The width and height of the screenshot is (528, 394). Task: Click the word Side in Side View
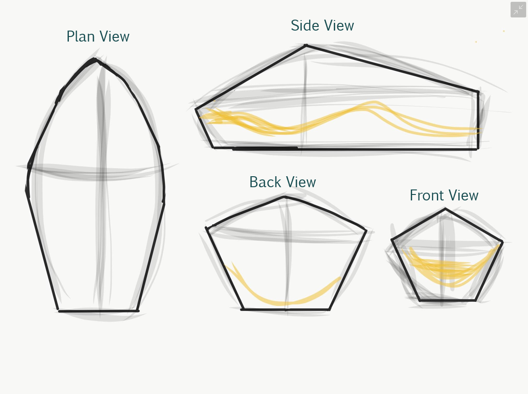[303, 26]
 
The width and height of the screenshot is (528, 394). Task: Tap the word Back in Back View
[264, 182]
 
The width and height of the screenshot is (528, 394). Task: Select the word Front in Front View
[426, 195]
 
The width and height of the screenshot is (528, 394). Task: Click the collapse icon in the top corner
[518, 10]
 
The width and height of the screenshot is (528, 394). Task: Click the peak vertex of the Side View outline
[305, 45]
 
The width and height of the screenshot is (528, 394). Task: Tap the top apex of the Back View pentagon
[285, 197]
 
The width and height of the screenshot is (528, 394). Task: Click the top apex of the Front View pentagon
[445, 209]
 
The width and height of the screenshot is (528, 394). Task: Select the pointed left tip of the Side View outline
[196, 109]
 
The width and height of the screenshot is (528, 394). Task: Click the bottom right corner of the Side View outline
[477, 149]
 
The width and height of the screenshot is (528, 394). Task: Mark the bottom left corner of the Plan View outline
[58, 310]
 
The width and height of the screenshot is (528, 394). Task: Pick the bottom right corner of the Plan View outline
[138, 310]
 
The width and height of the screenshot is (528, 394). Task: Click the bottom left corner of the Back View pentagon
[242, 309]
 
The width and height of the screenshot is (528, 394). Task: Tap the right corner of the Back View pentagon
[366, 230]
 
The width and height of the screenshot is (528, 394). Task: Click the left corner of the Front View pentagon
[392, 240]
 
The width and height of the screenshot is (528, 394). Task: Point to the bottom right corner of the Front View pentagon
[475, 300]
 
